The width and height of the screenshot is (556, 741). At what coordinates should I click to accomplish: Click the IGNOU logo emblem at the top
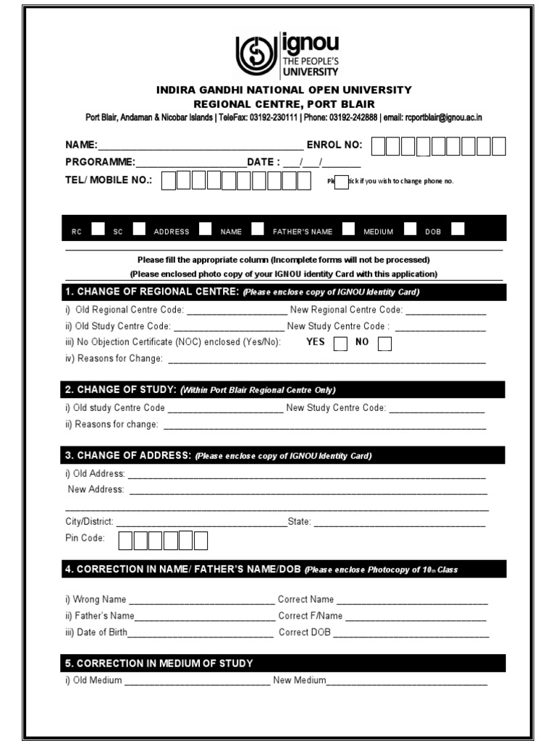256,55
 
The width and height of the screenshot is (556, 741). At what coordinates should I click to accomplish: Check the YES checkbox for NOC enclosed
340,344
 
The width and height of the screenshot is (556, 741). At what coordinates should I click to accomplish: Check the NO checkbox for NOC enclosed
384,344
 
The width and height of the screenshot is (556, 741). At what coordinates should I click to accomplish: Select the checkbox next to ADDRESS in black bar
206,229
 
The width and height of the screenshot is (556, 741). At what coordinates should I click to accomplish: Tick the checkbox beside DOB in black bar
457,229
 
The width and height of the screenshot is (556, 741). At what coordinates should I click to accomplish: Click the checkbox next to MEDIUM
410,229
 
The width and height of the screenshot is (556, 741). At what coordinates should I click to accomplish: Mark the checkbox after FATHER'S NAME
349,229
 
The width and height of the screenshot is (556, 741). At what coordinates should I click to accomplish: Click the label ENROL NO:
334,145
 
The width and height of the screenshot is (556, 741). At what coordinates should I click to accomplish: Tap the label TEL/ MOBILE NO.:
109,180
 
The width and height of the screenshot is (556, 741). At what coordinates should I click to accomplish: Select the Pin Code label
85,538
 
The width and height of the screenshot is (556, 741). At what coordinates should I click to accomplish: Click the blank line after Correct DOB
410,633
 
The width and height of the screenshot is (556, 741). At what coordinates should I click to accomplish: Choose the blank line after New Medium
407,682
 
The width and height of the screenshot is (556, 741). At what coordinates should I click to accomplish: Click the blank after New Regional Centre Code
445,311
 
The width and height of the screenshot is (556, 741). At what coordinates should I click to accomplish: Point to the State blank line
399,522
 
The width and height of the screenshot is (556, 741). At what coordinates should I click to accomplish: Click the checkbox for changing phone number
341,182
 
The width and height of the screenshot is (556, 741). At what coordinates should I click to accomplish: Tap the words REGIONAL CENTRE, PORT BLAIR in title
284,104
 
